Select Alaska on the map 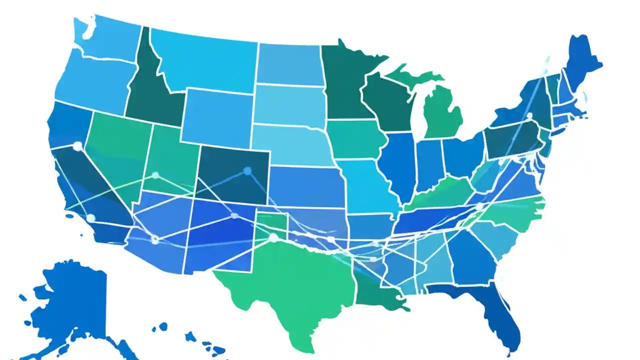pyautogui.click(x=75, y=300)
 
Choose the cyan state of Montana pyautogui.click(x=205, y=60)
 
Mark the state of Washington pyautogui.click(x=107, y=40)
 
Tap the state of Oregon pyautogui.click(x=90, y=85)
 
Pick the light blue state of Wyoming pyautogui.click(x=215, y=117)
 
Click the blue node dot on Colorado pyautogui.click(x=247, y=171)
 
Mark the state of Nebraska pyautogui.click(x=290, y=145)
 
